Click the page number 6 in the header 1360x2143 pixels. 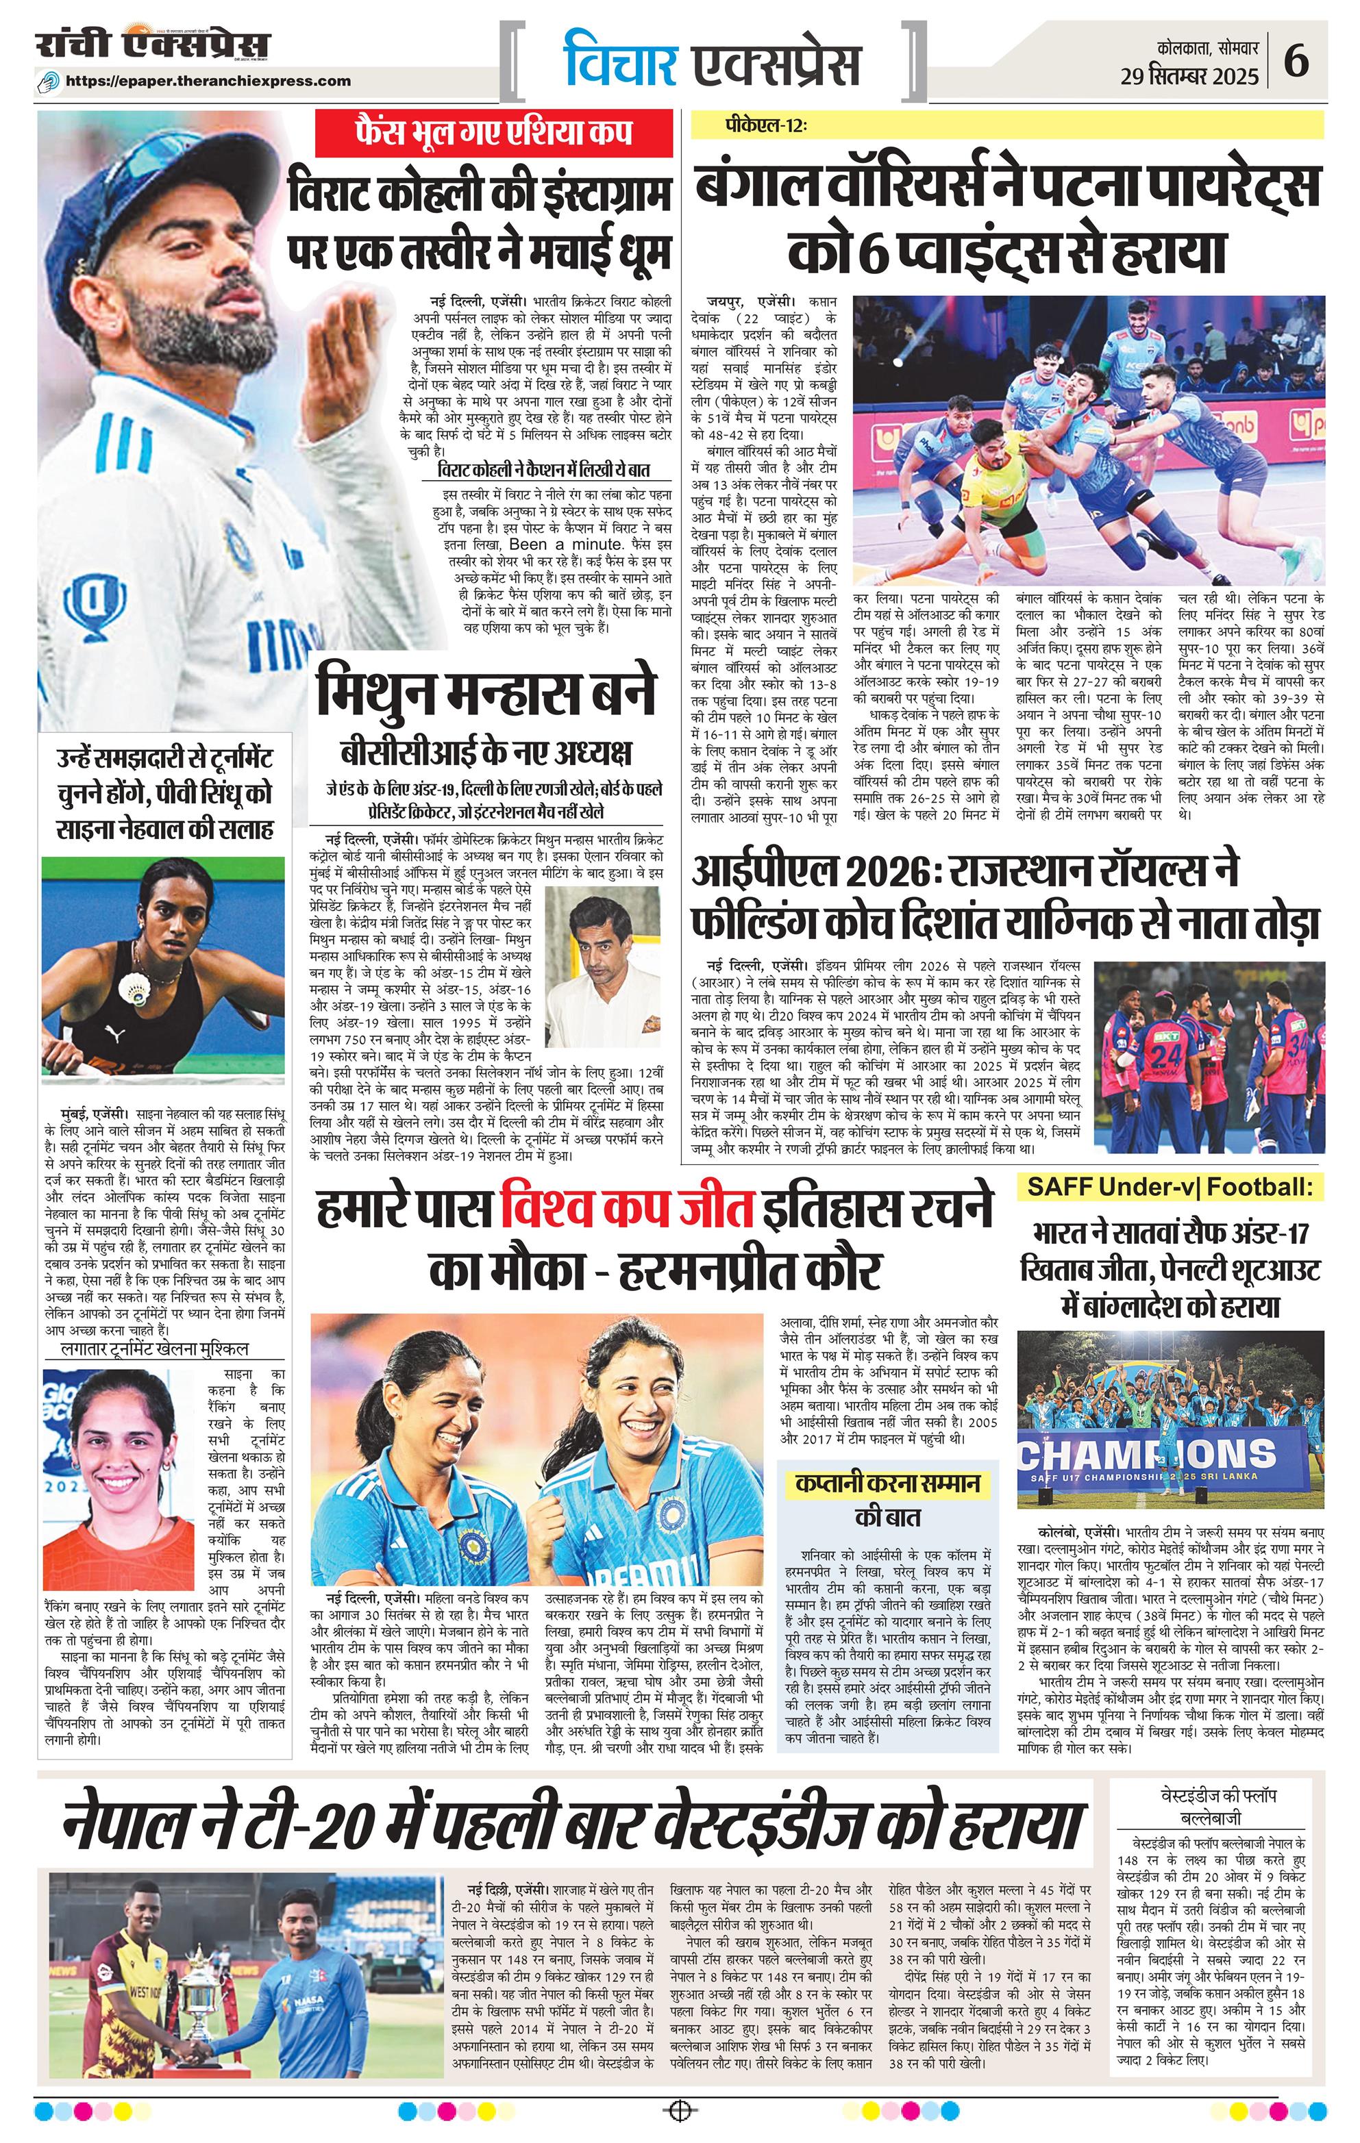coord(1297,62)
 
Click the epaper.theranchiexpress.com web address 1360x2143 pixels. coord(209,81)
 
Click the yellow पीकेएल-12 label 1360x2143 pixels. coord(765,127)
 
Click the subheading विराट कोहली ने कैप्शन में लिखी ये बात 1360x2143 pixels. coord(545,470)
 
